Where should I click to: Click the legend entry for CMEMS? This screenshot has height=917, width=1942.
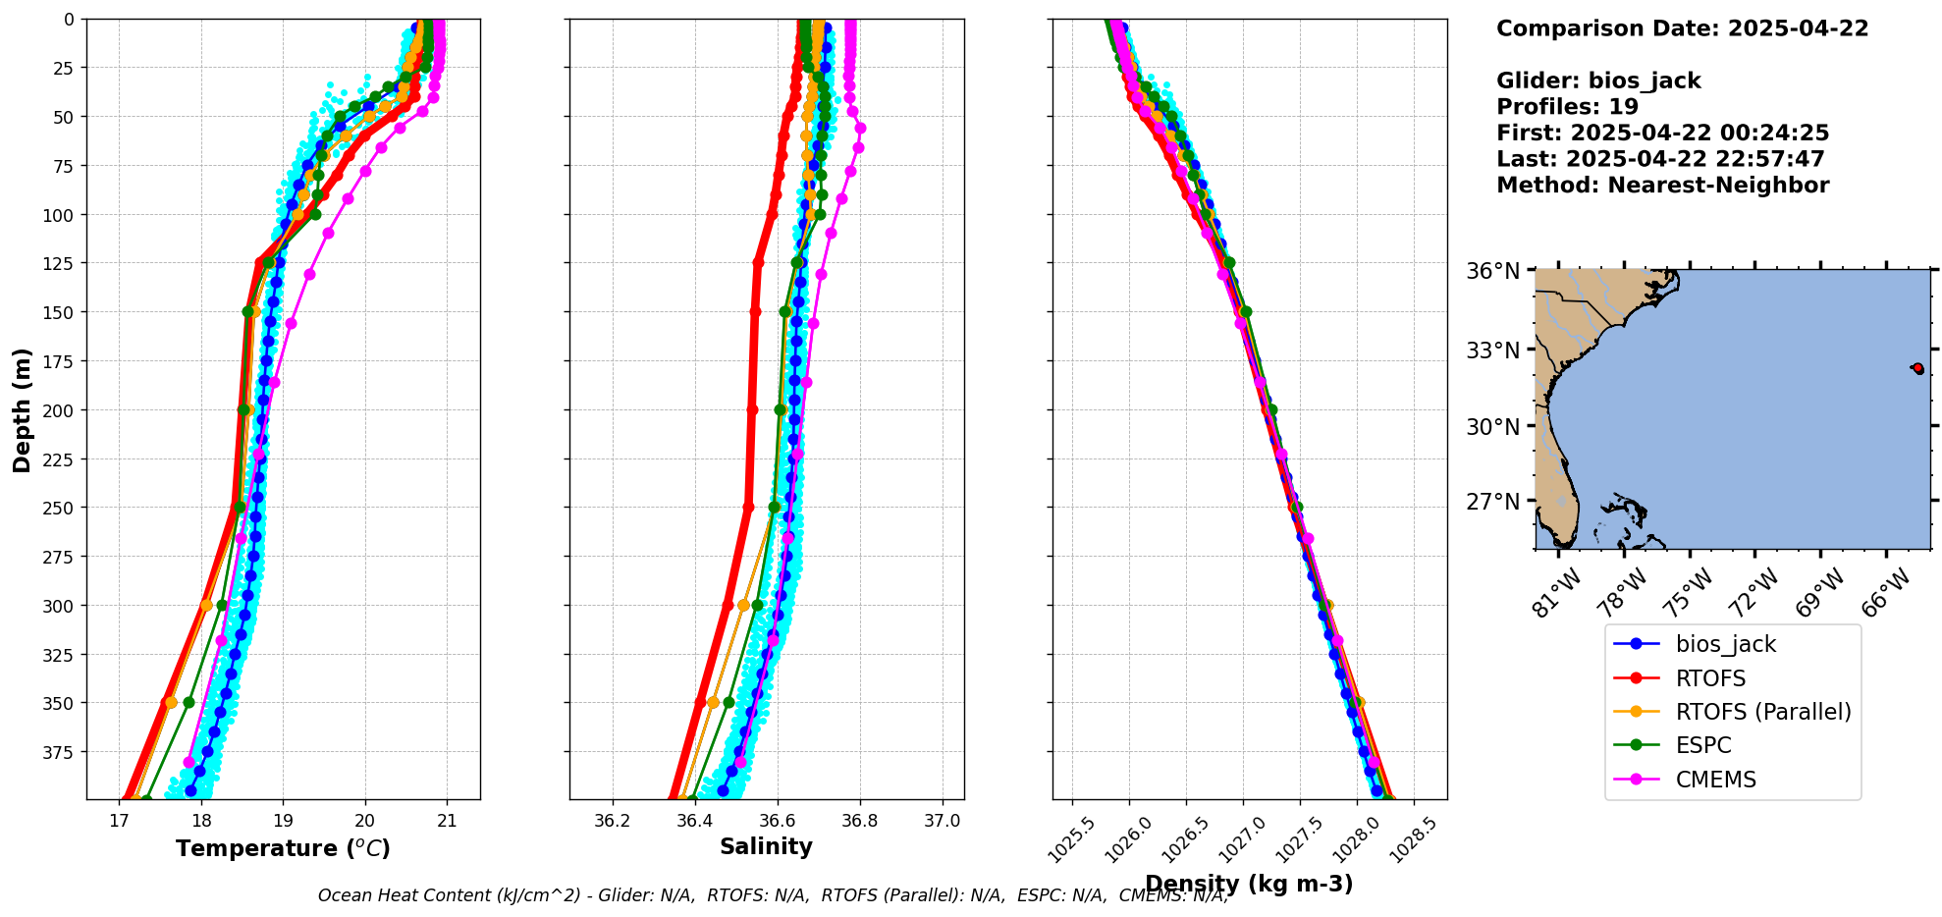click(x=1715, y=780)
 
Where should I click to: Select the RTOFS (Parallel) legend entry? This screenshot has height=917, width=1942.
click(x=1762, y=712)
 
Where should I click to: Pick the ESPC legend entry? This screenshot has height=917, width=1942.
click(x=1703, y=745)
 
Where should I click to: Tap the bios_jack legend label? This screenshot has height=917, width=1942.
click(x=1725, y=644)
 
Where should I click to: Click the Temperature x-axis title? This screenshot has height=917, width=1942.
click(x=283, y=848)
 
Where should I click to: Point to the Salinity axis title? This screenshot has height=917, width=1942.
click(x=766, y=846)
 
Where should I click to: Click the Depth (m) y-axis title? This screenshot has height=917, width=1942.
click(x=23, y=409)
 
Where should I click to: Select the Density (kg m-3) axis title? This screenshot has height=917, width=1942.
click(x=1249, y=884)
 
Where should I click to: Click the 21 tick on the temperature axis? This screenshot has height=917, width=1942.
click(x=447, y=821)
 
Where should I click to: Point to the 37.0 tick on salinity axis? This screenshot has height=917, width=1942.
click(x=943, y=821)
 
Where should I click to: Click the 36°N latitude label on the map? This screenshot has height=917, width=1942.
click(x=1492, y=271)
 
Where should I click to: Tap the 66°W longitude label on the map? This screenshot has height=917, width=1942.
click(x=1886, y=592)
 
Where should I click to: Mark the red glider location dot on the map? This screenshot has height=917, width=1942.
click(x=1917, y=368)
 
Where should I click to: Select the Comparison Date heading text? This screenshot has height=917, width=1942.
click(x=1682, y=28)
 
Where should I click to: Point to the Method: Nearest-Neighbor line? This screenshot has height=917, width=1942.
click(x=1662, y=186)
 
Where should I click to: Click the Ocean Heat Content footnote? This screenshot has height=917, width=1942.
click(x=773, y=895)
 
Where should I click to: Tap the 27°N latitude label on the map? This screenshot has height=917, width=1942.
click(x=1492, y=502)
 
